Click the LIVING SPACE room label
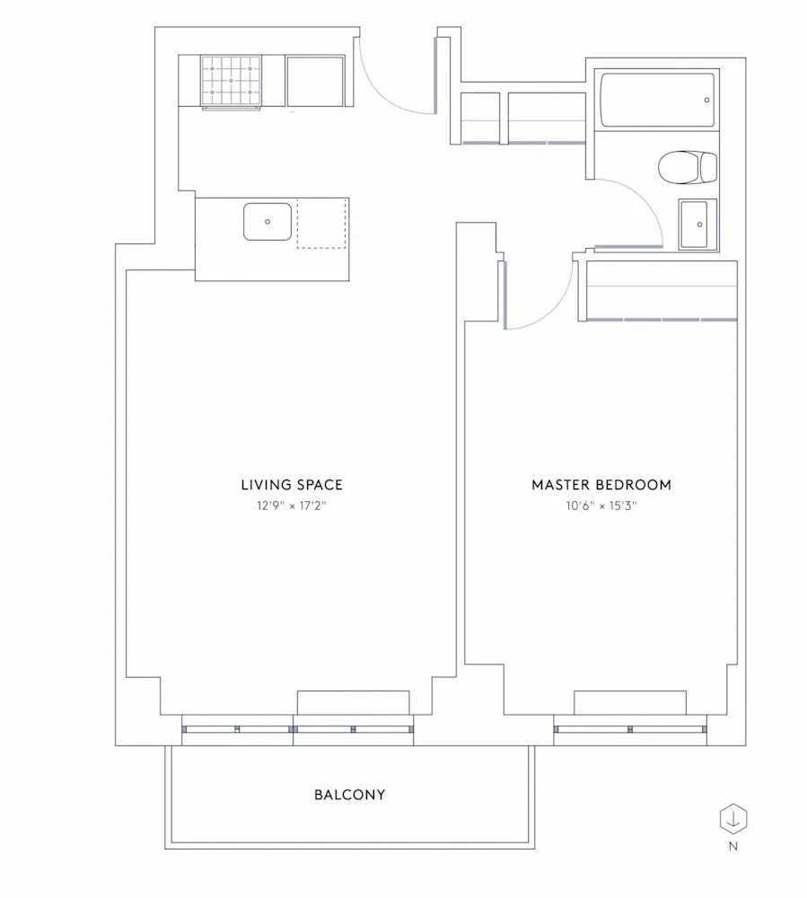(291, 485)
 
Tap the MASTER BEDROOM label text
(601, 485)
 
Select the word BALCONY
(350, 795)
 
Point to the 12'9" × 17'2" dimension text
(291, 506)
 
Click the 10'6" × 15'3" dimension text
(601, 506)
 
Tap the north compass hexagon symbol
(733, 819)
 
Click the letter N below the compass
(733, 846)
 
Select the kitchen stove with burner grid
(232, 81)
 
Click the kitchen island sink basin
(268, 222)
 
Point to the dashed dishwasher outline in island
(322, 223)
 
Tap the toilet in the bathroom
(688, 167)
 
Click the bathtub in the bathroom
(658, 101)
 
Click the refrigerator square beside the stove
(315, 81)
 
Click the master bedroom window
(630, 729)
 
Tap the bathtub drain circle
(707, 101)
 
